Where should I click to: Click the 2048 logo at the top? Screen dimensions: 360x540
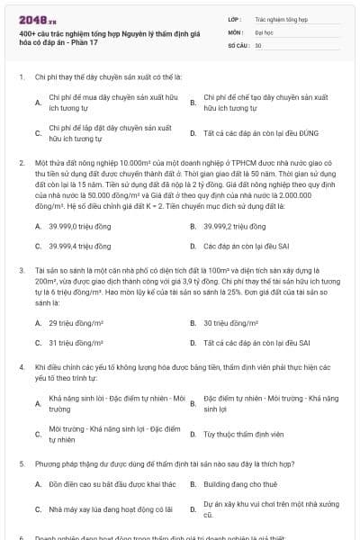tap(33, 20)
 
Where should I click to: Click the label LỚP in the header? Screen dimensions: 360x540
tap(235, 18)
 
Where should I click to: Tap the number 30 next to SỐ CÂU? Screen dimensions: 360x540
tap(258, 44)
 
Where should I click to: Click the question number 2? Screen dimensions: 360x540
tap(21, 163)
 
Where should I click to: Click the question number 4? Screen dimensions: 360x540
tap(21, 367)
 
